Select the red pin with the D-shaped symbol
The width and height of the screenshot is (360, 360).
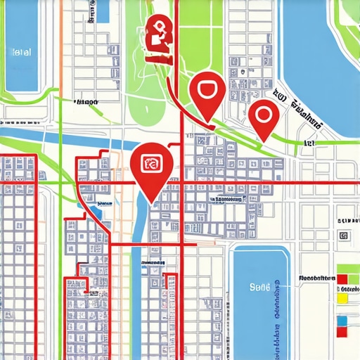(x=207, y=91)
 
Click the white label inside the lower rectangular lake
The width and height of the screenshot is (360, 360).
(x=260, y=287)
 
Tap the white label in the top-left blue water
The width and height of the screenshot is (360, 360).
(x=22, y=52)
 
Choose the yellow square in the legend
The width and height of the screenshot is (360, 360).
(x=343, y=298)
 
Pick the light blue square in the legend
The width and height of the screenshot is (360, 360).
(x=343, y=321)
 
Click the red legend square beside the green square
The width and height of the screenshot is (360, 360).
(x=342, y=278)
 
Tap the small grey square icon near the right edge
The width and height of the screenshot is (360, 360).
(x=343, y=236)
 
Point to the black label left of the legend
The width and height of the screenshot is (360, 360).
(x=315, y=278)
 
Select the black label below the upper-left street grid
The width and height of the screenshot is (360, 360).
(x=85, y=102)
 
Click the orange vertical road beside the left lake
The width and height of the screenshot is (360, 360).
(x=60, y=42)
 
